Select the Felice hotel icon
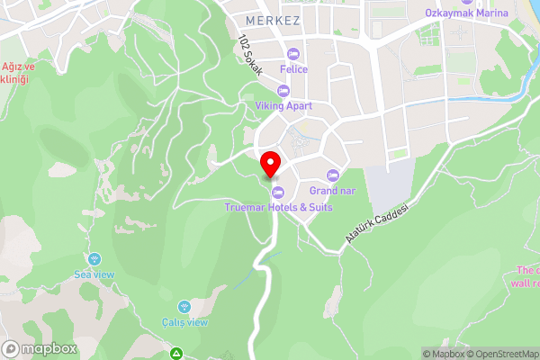click(x=293, y=53)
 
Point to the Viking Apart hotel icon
click(x=283, y=90)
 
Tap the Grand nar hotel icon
click(x=332, y=174)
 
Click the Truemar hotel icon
click(x=277, y=191)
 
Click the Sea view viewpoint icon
click(x=94, y=257)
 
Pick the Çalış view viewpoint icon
click(x=184, y=306)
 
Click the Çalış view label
click(x=184, y=322)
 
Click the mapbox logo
click(x=39, y=348)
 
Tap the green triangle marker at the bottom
click(x=177, y=354)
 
